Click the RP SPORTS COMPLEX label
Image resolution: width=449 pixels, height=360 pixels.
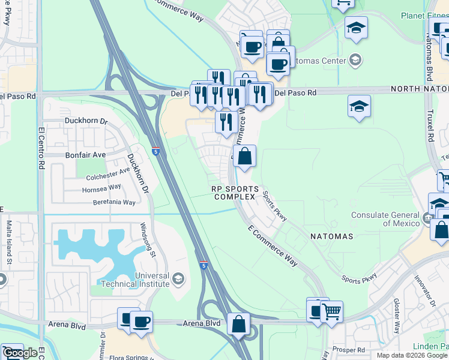[235, 193]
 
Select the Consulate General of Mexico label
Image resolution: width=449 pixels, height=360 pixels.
[384, 219]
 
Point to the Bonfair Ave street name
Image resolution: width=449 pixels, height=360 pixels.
[85, 154]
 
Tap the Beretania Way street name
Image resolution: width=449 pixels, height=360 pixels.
[114, 203]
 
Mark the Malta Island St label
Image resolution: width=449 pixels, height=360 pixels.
[9, 243]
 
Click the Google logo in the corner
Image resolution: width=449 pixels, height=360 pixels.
[20, 353]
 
